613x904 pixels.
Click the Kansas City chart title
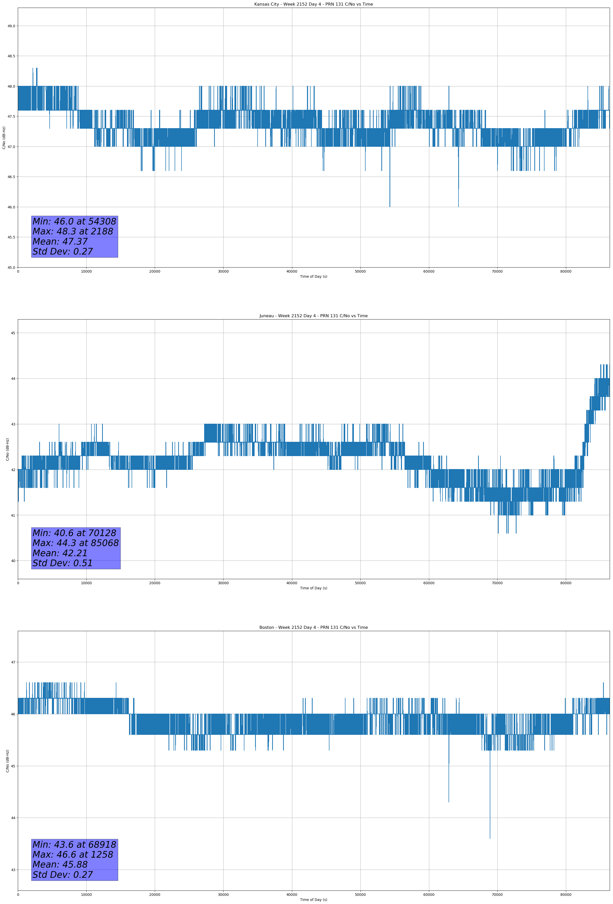tap(313, 4)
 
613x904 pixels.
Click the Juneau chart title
tap(313, 316)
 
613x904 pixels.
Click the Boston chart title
tap(313, 628)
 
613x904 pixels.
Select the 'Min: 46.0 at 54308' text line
tap(74, 221)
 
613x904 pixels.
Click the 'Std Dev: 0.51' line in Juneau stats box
tap(63, 563)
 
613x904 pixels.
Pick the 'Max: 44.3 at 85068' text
tap(75, 543)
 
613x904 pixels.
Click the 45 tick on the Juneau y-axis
tap(13, 333)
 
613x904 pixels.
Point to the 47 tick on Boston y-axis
tap(13, 662)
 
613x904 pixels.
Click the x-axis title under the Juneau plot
tap(313, 588)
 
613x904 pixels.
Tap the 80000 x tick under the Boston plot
tap(566, 894)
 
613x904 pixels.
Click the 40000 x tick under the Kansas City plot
tap(291, 272)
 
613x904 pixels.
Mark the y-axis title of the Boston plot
tap(7, 761)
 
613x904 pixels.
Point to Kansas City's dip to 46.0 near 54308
tap(390, 206)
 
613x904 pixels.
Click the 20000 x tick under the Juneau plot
tap(155, 583)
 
